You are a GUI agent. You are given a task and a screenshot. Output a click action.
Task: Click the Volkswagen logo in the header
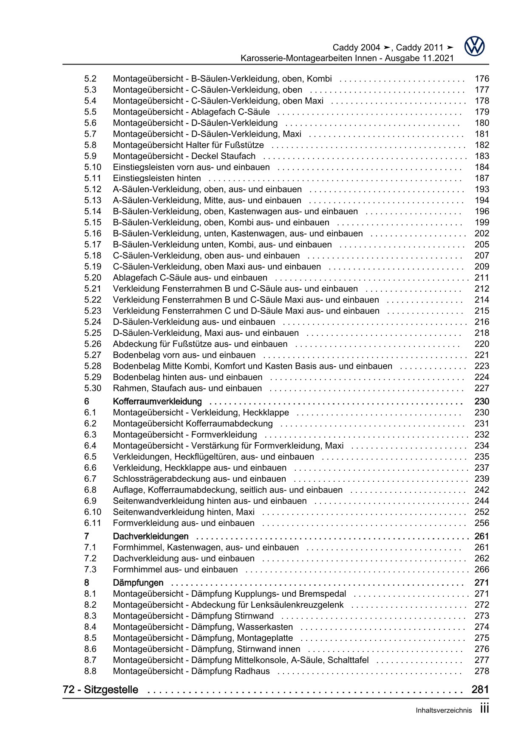[x=474, y=46]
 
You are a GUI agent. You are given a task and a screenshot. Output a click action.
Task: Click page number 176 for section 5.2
[x=482, y=79]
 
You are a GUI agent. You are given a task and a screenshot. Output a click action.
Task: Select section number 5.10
[x=93, y=167]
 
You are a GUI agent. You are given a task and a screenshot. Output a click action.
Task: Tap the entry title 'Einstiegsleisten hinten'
[x=157, y=178]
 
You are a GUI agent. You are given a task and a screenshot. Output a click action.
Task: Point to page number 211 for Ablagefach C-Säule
[x=482, y=278]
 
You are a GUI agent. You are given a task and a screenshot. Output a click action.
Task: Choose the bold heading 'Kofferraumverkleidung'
[x=157, y=401]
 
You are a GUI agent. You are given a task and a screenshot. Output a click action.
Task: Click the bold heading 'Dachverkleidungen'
[x=150, y=536]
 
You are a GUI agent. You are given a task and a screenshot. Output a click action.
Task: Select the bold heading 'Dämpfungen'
[x=138, y=583]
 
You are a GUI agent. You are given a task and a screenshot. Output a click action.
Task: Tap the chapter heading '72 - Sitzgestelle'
[x=100, y=690]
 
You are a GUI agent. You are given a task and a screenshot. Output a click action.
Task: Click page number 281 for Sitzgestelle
[x=480, y=690]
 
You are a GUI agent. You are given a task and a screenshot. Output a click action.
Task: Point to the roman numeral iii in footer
[x=484, y=708]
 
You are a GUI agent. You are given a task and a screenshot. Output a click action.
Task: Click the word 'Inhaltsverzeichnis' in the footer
[x=444, y=710]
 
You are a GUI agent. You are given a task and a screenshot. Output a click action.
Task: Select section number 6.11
[x=93, y=523]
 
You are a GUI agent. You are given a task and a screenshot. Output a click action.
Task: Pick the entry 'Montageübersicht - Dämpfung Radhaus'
[x=191, y=671]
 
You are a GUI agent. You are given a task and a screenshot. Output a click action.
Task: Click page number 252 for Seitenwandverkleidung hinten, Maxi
[x=482, y=512]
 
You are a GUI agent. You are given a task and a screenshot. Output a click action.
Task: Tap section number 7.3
[x=90, y=570]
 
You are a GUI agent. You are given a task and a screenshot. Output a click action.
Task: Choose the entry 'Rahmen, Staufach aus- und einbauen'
[x=187, y=388]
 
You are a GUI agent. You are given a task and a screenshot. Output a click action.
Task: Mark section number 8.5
[x=90, y=638]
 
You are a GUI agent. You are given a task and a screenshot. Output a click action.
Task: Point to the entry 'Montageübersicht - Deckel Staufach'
[x=184, y=156]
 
